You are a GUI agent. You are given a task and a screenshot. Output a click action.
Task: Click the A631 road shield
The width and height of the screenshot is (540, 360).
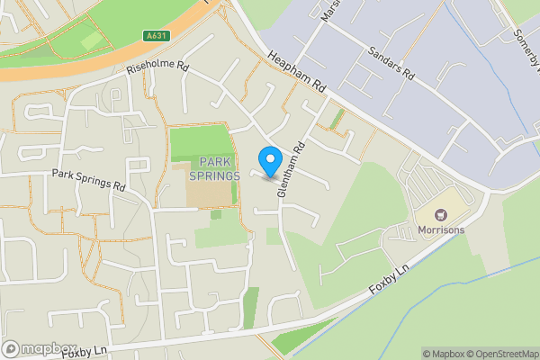point(156,36)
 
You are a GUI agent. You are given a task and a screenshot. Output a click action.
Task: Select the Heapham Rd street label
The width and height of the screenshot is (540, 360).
point(296,72)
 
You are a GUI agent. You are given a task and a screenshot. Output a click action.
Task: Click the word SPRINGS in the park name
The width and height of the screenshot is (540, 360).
point(215,175)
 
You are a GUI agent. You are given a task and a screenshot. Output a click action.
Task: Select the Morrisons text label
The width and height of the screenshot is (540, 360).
point(441,229)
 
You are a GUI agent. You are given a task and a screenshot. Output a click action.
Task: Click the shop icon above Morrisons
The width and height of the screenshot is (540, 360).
point(441,215)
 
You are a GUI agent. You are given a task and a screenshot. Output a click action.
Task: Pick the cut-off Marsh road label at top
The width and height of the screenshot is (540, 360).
point(327,11)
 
